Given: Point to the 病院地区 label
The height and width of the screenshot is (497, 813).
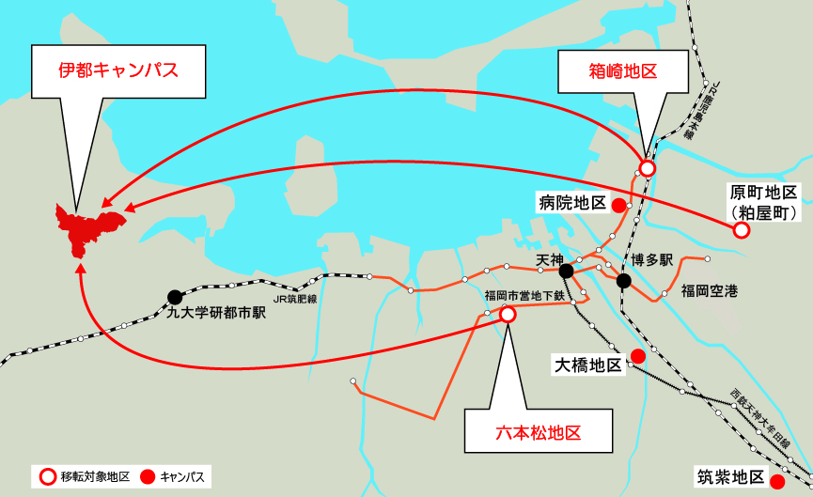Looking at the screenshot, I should click(x=571, y=203).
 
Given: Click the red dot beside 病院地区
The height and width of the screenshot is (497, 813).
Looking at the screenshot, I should click(x=618, y=205).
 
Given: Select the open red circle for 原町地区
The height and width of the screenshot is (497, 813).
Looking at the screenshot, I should click(x=742, y=229).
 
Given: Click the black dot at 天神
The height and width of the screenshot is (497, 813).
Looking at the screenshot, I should click(x=566, y=272).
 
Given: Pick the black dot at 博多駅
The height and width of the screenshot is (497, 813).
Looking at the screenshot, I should click(x=623, y=280).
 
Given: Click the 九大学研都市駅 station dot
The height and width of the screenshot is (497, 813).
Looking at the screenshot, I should click(x=175, y=297).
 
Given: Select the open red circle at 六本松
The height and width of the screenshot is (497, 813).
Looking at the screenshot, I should click(x=508, y=315).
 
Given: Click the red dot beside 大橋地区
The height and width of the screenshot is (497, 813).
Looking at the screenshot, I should click(x=638, y=355).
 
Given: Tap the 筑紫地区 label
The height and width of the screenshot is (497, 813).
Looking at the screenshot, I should click(x=729, y=476).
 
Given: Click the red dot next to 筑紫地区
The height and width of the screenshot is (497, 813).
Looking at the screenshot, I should click(x=777, y=482).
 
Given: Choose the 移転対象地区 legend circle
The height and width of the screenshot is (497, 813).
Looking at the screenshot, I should click(x=46, y=476).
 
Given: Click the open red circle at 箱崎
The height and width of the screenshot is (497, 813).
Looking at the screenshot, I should click(x=647, y=169).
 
